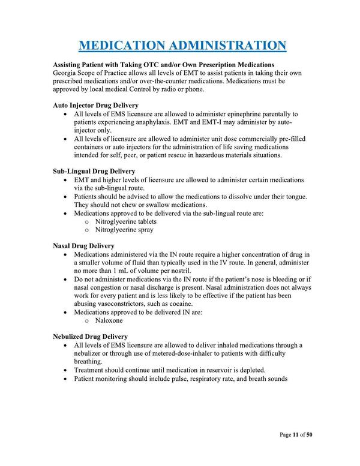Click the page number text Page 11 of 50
click(296, 435)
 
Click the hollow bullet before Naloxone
click(88, 321)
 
